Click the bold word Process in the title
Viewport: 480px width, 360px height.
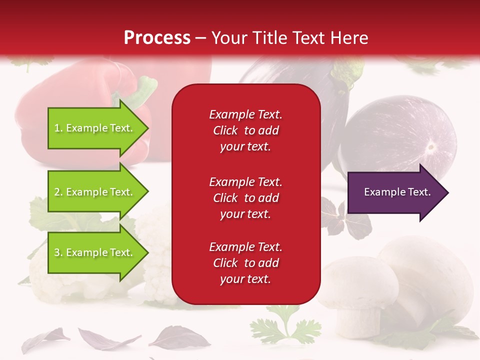pyautogui.click(x=157, y=38)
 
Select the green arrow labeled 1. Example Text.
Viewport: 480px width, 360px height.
pyautogui.click(x=95, y=128)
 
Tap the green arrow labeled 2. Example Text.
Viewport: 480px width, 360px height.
pyautogui.click(x=95, y=192)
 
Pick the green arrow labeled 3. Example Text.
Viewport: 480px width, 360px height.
pyautogui.click(x=95, y=252)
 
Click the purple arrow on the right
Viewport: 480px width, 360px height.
pyautogui.click(x=395, y=192)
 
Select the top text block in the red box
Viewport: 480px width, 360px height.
pyautogui.click(x=245, y=130)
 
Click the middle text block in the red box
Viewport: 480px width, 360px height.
pyautogui.click(x=245, y=198)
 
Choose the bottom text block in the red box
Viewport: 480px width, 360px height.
pyautogui.click(x=245, y=263)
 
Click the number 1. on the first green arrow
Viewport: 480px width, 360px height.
pyautogui.click(x=58, y=128)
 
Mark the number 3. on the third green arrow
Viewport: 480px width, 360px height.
pyautogui.click(x=58, y=252)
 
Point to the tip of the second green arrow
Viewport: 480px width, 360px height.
pyautogui.click(x=147, y=192)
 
